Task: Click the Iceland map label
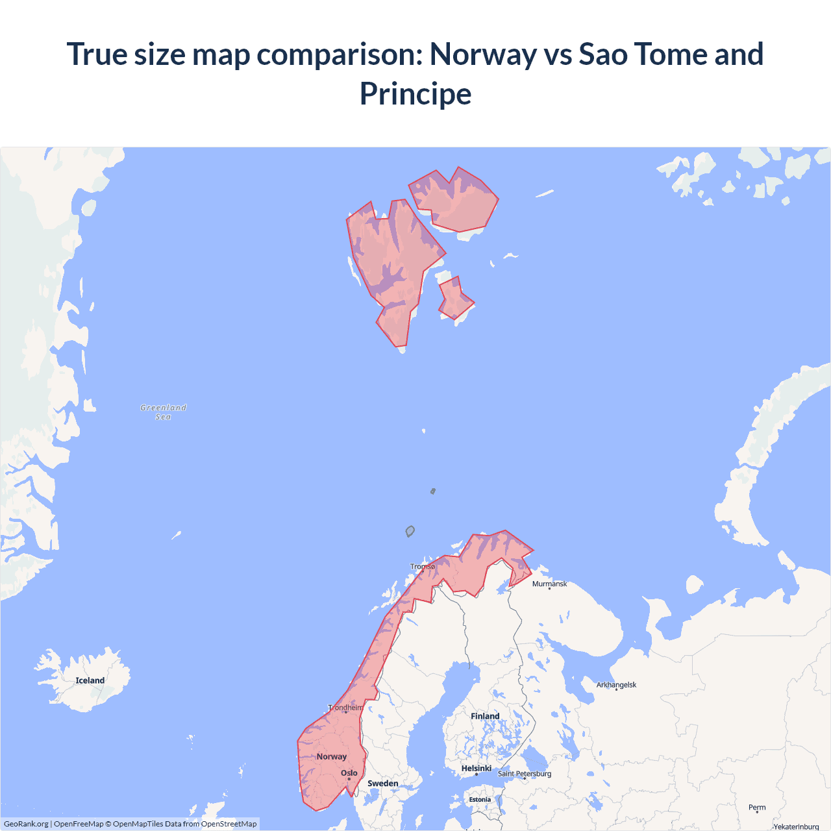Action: [90, 680]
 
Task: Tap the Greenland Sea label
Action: [163, 412]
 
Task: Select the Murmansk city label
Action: [549, 584]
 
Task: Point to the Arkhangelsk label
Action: [616, 685]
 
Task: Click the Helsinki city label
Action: [476, 769]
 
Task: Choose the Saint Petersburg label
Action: [524, 774]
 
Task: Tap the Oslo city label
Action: [349, 773]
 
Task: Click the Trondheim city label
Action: [345, 708]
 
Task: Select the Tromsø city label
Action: [423, 567]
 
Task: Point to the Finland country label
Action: [485, 716]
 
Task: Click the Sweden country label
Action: [383, 784]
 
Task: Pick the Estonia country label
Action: [480, 800]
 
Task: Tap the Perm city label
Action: [757, 808]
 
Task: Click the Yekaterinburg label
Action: [796, 826]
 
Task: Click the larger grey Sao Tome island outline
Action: [410, 532]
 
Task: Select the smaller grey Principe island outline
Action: [433, 491]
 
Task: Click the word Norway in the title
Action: [482, 54]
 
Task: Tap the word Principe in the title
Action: [415, 93]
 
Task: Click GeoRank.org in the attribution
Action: [26, 824]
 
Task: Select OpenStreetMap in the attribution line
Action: [229, 824]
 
